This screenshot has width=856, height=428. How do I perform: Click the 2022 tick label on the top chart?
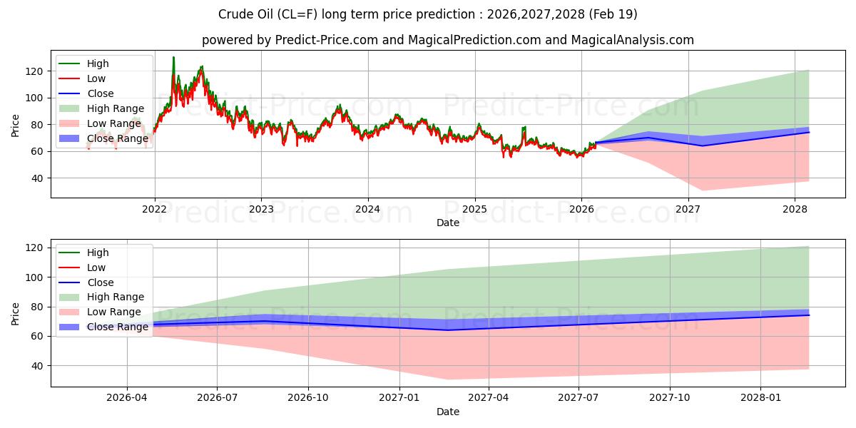(154, 209)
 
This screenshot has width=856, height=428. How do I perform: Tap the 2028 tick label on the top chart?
(795, 209)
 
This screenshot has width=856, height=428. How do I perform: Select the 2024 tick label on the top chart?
(367, 209)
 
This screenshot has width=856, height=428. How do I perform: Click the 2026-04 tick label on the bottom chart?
(127, 398)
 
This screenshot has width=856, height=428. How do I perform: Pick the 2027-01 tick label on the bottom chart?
(399, 398)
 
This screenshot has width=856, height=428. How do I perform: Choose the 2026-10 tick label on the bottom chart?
(309, 398)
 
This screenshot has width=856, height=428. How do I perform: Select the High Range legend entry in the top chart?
(116, 108)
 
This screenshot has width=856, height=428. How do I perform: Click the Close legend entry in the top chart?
(100, 93)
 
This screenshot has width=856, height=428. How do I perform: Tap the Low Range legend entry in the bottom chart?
(114, 312)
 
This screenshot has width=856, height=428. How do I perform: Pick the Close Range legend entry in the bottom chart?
(117, 327)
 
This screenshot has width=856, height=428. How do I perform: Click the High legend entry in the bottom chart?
(98, 253)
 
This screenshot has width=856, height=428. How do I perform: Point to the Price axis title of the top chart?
(16, 124)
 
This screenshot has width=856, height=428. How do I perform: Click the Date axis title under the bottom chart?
(448, 412)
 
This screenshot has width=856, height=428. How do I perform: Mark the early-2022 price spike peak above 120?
(173, 58)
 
